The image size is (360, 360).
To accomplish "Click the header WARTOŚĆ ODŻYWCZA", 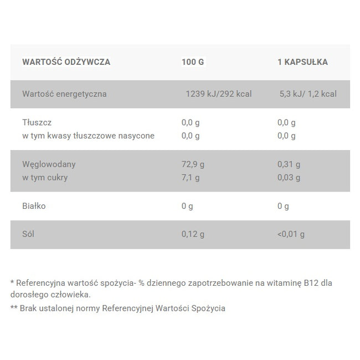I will click(66, 62).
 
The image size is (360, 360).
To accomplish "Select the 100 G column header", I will click(193, 62).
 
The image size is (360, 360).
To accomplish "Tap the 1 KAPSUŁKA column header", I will click(302, 62).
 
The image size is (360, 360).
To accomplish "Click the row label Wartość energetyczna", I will click(64, 94).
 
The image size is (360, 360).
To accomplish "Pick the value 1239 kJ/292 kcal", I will click(218, 94).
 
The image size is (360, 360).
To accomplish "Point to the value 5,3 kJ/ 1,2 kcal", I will click(308, 94).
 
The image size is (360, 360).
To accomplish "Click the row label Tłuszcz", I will click(37, 122).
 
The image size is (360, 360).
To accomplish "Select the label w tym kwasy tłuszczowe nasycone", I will click(88, 136).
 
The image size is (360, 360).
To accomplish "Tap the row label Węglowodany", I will click(49, 164).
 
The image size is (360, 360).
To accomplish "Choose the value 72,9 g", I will click(193, 164).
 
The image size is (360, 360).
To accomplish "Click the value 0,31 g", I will click(289, 164).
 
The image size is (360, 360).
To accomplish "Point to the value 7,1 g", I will click(191, 178).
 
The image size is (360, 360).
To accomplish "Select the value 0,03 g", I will click(289, 178).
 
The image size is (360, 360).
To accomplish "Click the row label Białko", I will click(34, 206).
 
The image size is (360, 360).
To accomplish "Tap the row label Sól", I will click(28, 234).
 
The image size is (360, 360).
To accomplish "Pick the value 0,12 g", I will click(193, 234).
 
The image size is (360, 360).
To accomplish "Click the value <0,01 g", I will click(291, 234).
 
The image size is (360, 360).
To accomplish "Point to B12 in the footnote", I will click(312, 283).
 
